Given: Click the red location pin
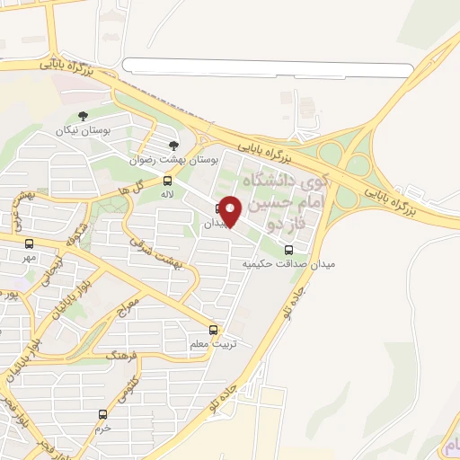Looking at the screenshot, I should [x=230, y=212].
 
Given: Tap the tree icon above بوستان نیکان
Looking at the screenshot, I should [x=83, y=115].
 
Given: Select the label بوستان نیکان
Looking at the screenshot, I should [x=83, y=131].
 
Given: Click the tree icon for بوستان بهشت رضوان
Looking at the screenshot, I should [x=174, y=146].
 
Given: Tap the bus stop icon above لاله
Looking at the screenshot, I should [x=167, y=181].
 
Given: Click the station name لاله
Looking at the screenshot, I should [x=166, y=194].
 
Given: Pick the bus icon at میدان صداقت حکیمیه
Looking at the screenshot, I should [x=288, y=251].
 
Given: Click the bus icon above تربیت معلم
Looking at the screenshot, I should [x=213, y=330].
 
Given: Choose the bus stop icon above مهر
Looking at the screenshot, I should [x=30, y=243].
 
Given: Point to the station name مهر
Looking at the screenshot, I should [x=30, y=258].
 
